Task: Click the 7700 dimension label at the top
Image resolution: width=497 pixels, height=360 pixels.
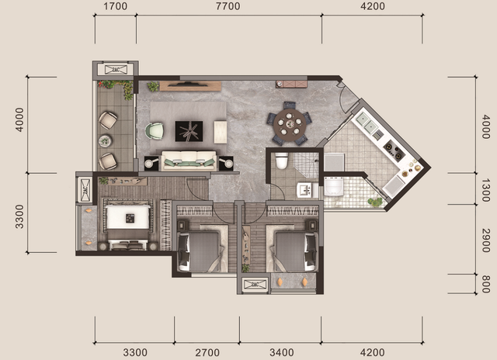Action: [228, 6]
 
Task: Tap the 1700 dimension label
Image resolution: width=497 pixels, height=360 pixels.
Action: [115, 6]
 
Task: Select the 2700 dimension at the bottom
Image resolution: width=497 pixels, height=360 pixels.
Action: [207, 352]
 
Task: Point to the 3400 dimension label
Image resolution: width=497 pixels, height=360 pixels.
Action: [281, 352]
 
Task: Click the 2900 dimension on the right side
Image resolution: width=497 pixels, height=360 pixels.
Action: [485, 241]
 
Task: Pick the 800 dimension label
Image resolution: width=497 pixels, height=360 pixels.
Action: [485, 284]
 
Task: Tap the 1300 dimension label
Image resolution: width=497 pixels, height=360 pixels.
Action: [485, 190]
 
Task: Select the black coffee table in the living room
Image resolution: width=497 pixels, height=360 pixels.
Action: [189, 131]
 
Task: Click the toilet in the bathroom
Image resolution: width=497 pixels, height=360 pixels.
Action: [281, 160]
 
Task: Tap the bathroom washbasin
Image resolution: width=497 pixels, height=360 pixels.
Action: [307, 190]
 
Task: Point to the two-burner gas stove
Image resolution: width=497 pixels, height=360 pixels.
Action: [394, 150]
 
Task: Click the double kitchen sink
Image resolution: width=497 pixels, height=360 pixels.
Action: [367, 123]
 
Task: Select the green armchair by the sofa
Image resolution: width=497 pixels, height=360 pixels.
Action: [155, 131]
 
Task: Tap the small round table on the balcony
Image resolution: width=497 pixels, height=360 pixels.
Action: [105, 141]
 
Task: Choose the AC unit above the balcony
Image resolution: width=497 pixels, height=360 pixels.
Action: [116, 70]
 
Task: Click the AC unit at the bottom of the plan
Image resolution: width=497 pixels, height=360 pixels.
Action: [255, 284]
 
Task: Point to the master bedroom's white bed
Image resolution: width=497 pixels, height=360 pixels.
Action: [128, 224]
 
